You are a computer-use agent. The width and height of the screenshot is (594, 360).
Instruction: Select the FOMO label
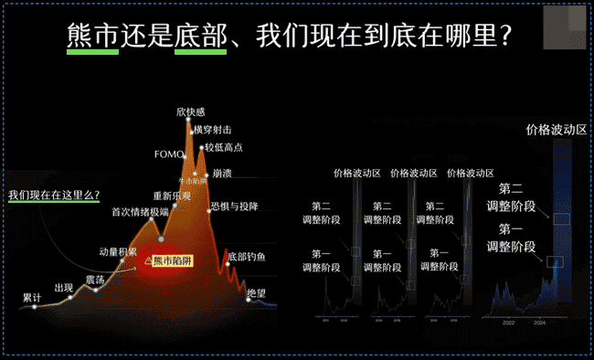pyautogui.click(x=170, y=154)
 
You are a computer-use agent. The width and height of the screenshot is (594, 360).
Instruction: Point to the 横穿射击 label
pyautogui.click(x=213, y=130)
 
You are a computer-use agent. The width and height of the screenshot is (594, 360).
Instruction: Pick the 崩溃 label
pyautogui.click(x=222, y=172)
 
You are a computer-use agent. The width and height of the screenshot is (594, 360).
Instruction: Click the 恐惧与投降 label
pyautogui.click(x=234, y=206)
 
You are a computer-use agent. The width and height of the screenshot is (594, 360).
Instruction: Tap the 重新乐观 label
pyautogui.click(x=172, y=196)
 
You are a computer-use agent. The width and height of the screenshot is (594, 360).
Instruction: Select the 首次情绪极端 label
pyautogui.click(x=140, y=212)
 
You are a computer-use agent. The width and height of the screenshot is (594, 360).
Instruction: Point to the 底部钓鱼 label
pyautogui.click(x=246, y=257)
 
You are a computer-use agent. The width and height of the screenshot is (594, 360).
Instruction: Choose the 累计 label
pyautogui.click(x=33, y=298)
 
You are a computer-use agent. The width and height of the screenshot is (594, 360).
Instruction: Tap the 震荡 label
pyautogui.click(x=95, y=278)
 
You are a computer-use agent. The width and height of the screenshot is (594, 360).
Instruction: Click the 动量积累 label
pyautogui.click(x=118, y=251)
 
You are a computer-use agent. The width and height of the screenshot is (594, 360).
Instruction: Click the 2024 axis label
pyautogui.click(x=540, y=321)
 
